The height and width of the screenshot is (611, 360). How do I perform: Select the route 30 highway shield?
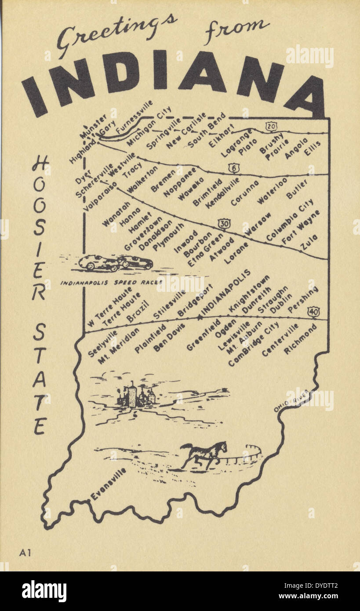[x=224, y=224]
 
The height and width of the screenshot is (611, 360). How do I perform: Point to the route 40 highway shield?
[x=313, y=312]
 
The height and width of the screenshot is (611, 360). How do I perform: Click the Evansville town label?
[x=108, y=484]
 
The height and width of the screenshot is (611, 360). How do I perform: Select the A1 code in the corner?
[x=25, y=553]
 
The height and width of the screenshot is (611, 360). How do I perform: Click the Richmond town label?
[x=300, y=339]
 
